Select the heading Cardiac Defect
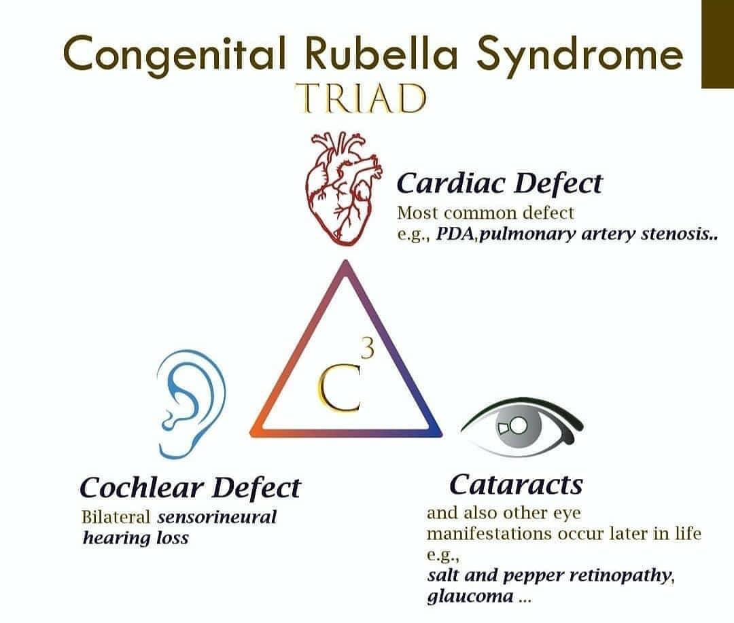499,183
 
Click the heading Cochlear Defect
190,487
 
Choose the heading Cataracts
516,484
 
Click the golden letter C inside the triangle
338,393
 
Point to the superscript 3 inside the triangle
367,351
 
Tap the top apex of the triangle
346,266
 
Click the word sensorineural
217,517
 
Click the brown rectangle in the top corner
717,43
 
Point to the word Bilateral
115,517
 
